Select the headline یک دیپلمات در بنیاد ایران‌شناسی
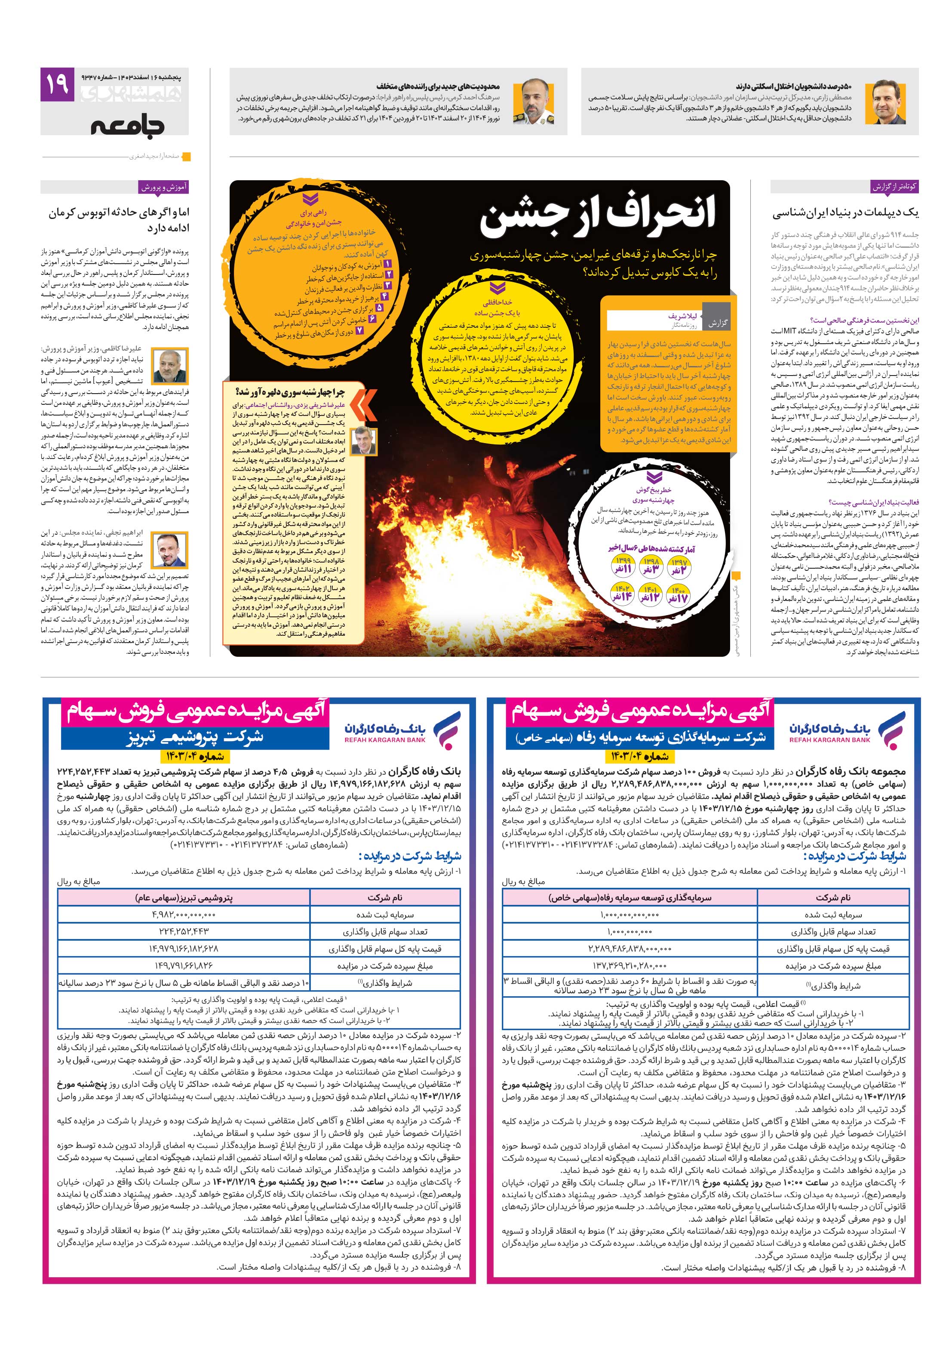tap(845, 213)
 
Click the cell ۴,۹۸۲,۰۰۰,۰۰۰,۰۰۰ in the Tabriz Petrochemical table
tap(184, 915)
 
